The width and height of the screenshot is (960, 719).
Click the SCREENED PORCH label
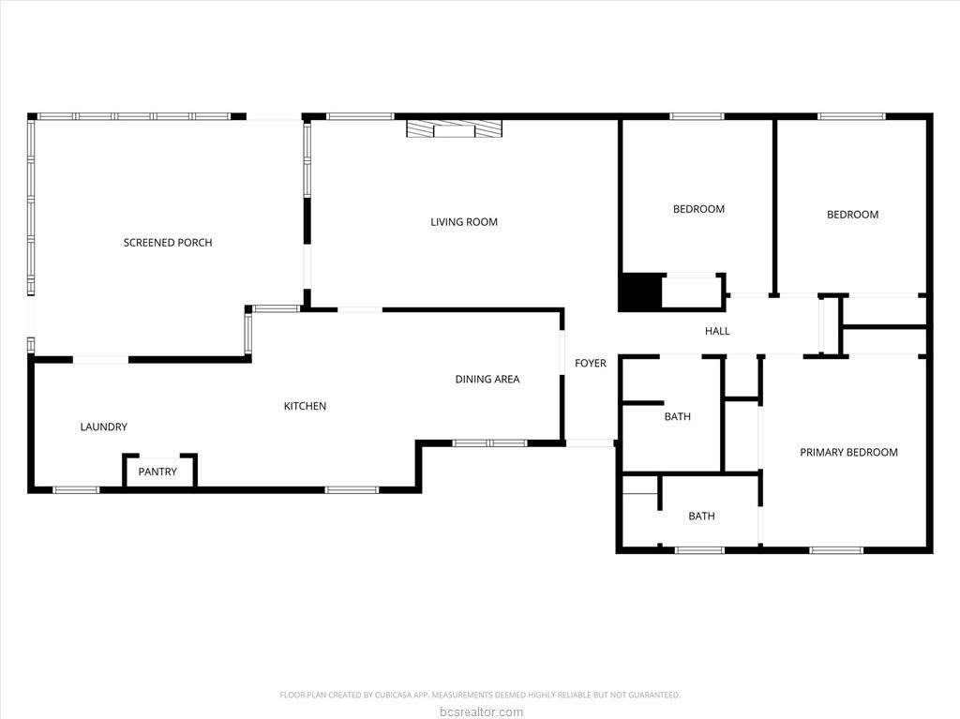pos(168,243)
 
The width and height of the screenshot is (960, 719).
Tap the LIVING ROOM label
pos(464,222)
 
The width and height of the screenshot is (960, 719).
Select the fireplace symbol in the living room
pos(455,128)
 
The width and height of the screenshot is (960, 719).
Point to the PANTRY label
pos(157,472)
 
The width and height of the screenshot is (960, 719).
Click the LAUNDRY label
pos(103,427)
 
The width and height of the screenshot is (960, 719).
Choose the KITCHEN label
pos(305,406)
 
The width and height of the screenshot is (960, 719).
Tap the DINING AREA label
pos(487,379)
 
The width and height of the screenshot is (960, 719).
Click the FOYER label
pos(591,363)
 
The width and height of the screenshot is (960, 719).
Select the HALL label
pos(717,331)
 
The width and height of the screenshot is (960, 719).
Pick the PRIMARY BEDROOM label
pos(848,452)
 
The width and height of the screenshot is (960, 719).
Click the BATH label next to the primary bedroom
pos(701,517)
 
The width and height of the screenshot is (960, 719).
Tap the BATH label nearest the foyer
pos(677,416)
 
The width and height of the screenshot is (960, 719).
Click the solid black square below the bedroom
pos(640,292)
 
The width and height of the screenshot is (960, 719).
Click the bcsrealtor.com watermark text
pos(481,712)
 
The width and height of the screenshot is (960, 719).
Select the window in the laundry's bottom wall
pos(76,489)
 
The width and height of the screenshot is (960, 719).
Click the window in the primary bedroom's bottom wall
pos(836,550)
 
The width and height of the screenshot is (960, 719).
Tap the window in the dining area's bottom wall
pos(489,442)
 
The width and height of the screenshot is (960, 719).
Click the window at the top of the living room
pos(360,116)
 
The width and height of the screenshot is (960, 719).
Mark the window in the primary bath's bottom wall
pos(699,550)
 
